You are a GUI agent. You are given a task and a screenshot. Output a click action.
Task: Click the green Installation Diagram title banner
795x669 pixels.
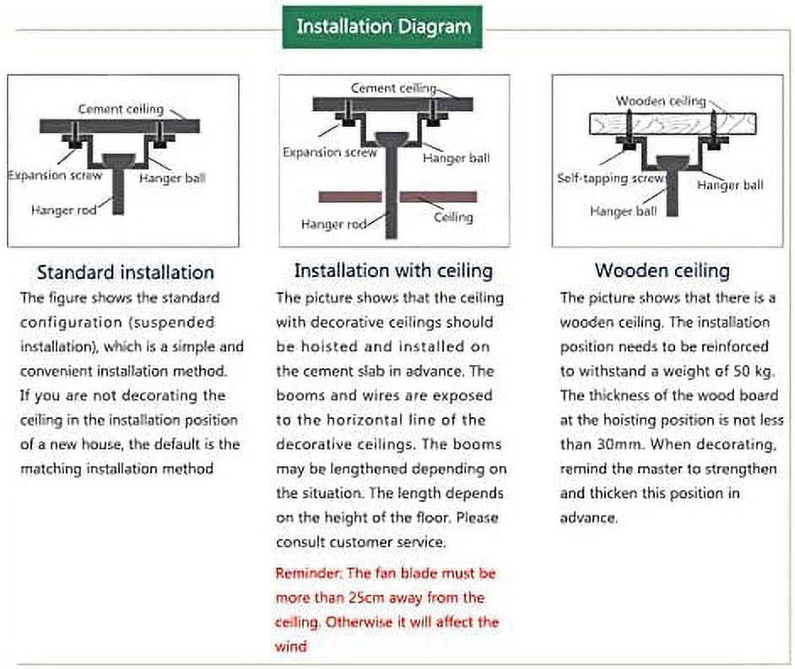coord(382,27)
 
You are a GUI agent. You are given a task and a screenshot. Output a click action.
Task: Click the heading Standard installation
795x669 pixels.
coord(125,273)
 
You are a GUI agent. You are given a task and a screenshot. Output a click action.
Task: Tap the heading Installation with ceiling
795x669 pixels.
coord(393,270)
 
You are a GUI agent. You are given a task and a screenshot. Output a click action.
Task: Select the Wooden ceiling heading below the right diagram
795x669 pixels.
coord(662,270)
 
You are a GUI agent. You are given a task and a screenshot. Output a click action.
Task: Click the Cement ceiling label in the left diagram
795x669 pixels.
coord(121,109)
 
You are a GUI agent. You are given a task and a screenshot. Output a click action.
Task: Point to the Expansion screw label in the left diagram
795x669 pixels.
coord(55,176)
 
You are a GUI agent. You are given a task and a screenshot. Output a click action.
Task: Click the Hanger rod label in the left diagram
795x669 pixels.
coord(64,209)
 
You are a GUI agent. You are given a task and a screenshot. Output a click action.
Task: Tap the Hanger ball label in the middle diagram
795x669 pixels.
coord(457,158)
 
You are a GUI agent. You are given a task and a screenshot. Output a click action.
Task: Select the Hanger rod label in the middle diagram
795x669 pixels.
coord(333,224)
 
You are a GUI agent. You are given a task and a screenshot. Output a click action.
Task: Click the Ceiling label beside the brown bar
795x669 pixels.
coord(453,217)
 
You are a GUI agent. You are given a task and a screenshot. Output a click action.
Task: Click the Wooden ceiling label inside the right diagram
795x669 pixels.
coord(661,101)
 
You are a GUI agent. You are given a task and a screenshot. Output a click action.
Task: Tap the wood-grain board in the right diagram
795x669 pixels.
coord(673,124)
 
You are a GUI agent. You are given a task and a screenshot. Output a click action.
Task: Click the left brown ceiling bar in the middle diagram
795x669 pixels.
coord(350,197)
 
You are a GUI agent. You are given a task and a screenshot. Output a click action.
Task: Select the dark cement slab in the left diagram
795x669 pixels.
coord(120,126)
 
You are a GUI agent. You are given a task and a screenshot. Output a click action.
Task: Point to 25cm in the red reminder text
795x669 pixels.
coord(364,598)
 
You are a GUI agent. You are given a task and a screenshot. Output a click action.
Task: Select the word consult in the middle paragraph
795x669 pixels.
coord(300,542)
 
